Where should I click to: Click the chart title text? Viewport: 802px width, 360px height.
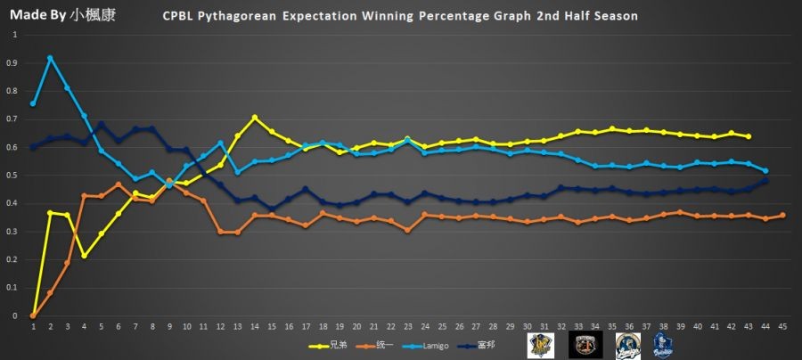coord(400,17)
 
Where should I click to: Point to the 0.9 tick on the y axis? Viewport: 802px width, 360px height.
coord(12,63)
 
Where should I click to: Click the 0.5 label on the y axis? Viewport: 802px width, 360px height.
coord(12,176)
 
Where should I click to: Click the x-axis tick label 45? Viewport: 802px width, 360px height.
coord(782,326)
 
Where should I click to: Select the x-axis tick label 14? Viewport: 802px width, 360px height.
coord(255,326)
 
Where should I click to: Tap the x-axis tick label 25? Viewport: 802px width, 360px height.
coord(442,326)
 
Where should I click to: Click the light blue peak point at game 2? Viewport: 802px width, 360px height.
coord(50,58)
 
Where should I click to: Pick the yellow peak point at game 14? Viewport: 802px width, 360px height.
coord(255,118)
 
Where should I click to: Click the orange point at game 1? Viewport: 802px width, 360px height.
coord(33,315)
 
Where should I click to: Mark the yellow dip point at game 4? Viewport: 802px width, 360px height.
coord(85,256)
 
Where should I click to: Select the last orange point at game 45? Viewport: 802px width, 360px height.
coord(782,215)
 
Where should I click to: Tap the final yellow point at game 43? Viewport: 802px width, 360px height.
coord(749,136)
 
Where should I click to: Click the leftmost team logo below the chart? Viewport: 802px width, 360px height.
coord(540,345)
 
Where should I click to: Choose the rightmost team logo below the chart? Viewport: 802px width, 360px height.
coord(662,345)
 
